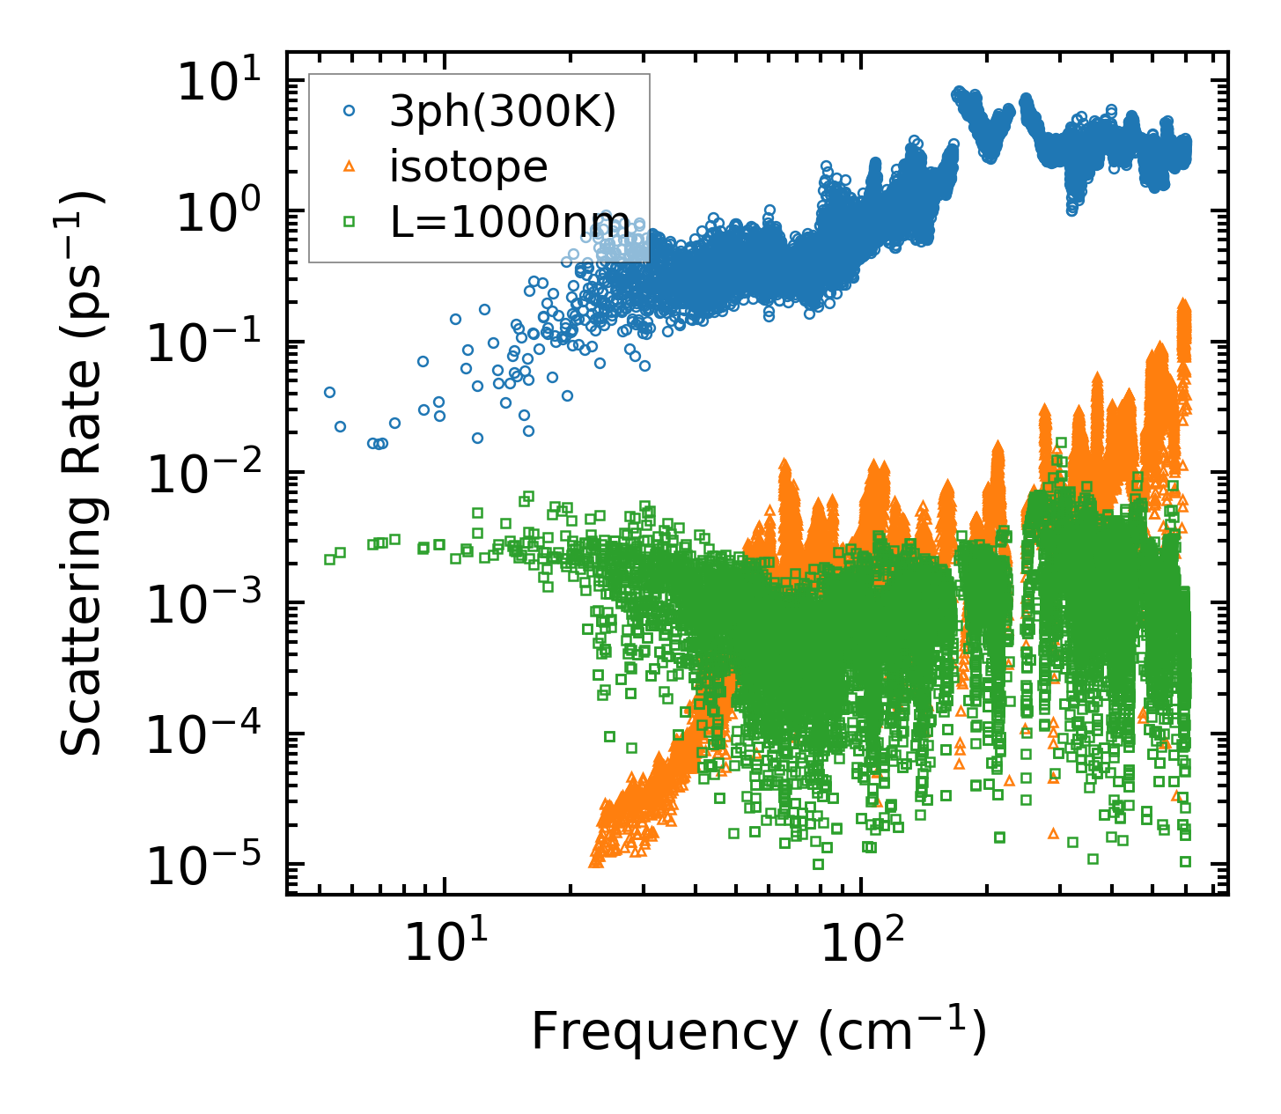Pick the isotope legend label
(468, 166)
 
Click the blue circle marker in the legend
(350, 111)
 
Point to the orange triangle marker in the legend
(350, 166)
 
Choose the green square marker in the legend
(350, 221)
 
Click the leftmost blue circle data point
(329, 392)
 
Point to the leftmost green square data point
(329, 559)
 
